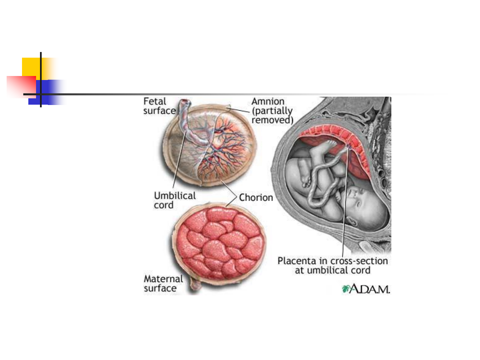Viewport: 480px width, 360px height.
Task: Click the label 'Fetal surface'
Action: click(x=159, y=106)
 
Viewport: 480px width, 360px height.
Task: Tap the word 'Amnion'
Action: click(x=268, y=101)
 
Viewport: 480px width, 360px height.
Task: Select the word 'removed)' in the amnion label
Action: click(x=272, y=120)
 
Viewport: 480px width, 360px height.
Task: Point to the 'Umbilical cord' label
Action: click(x=175, y=200)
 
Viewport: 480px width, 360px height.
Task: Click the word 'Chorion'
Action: click(x=256, y=198)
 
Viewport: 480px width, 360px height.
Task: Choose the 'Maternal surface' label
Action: click(x=163, y=283)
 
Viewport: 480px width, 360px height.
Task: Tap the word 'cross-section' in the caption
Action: click(x=359, y=261)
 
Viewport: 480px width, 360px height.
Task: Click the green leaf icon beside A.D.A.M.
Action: click(x=345, y=289)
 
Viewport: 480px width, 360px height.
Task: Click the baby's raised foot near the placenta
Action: click(x=330, y=144)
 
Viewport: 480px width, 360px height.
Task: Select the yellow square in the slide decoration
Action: click(x=31, y=67)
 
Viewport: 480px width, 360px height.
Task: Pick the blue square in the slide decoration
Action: click(x=50, y=92)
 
